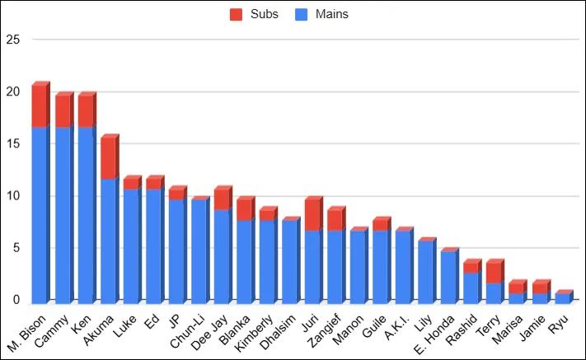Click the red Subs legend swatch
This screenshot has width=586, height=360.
(x=236, y=14)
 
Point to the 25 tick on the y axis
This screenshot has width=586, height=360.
(x=12, y=39)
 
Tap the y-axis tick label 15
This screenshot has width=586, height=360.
(x=12, y=143)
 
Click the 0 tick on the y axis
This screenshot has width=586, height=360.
(x=16, y=301)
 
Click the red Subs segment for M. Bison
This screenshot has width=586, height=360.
(x=40, y=107)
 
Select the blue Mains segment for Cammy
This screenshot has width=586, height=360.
(x=63, y=214)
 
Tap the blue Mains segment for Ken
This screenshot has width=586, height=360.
(x=86, y=214)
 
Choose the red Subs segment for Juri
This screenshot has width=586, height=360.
(x=312, y=216)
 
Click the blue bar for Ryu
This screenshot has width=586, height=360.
(x=561, y=297)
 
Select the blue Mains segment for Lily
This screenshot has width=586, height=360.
(x=425, y=271)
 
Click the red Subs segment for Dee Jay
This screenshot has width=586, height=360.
(x=221, y=200)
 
